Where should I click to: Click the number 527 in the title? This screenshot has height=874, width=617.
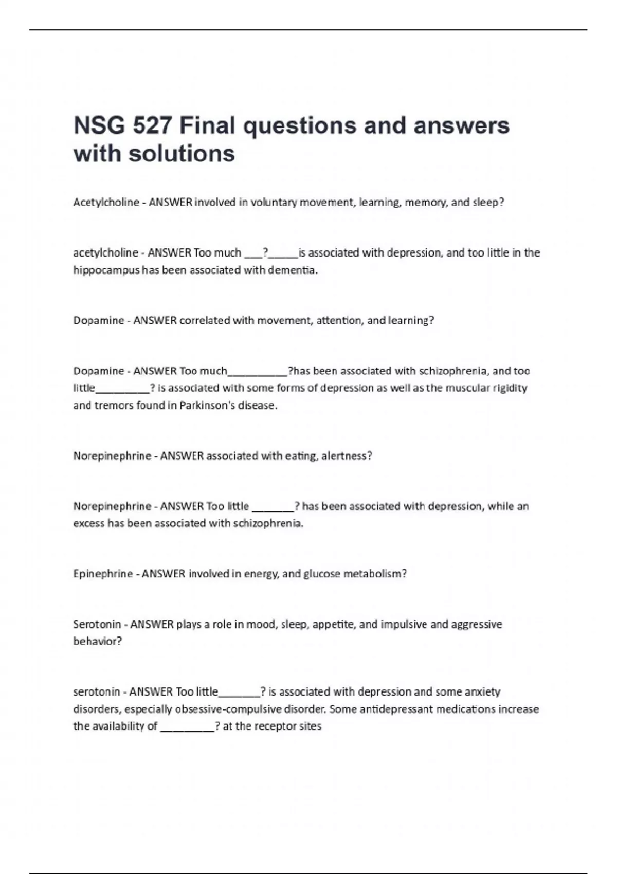coord(152,126)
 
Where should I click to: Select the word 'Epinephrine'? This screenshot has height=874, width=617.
coord(103,574)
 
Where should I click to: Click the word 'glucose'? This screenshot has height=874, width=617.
coord(322,574)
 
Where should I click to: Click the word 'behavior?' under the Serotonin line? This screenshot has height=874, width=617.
coord(98,641)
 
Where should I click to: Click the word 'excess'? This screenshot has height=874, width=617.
coord(88,523)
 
